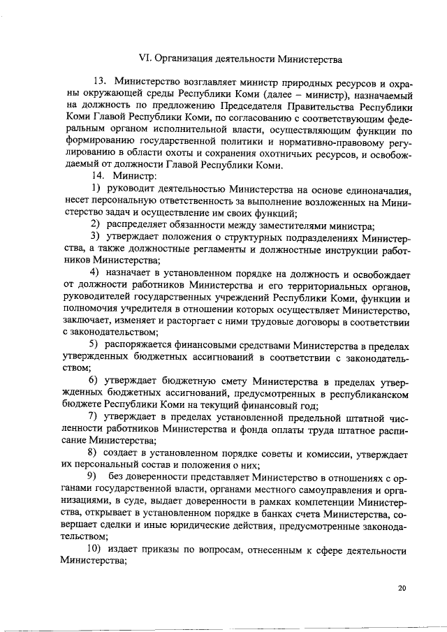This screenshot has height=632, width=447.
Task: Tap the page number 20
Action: tap(402, 589)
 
